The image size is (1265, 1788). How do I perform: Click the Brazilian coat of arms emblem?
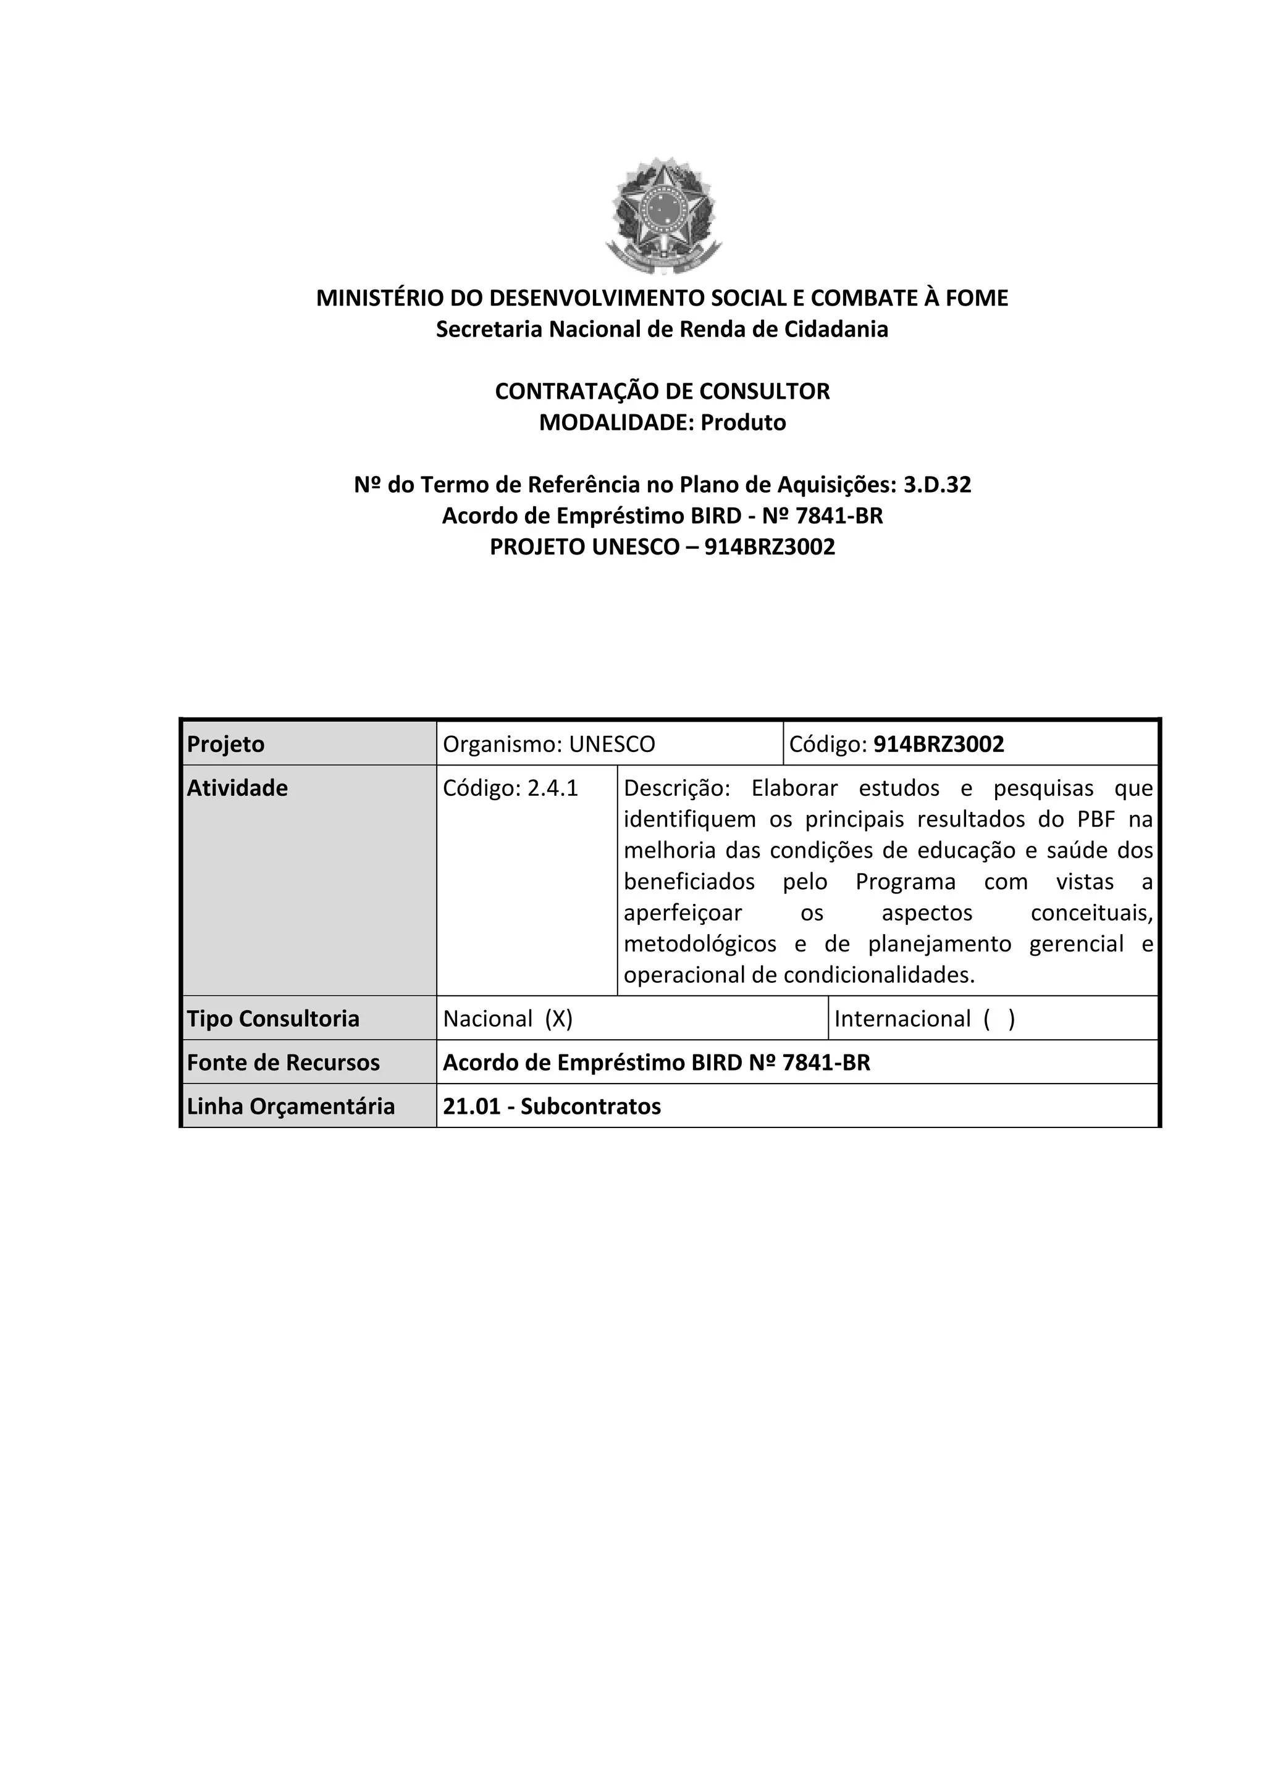(663, 215)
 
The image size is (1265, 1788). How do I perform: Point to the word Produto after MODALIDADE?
(743, 423)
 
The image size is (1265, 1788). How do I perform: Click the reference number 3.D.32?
(937, 485)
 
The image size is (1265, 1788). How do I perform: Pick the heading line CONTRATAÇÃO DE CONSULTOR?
(662, 391)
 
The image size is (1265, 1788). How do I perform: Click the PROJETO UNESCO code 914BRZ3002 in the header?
(770, 548)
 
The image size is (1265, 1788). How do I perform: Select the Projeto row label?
(226, 745)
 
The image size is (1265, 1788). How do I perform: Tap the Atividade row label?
(238, 788)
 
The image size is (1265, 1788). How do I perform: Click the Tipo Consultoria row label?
(274, 1019)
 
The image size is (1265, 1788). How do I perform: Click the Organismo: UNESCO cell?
(549, 745)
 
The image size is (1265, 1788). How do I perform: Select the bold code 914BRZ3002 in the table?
(939, 745)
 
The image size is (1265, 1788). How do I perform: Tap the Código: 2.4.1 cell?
(511, 788)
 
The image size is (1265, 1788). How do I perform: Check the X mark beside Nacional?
(559, 1019)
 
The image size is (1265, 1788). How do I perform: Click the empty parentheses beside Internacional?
(999, 1019)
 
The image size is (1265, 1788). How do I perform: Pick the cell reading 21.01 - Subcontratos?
(552, 1106)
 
